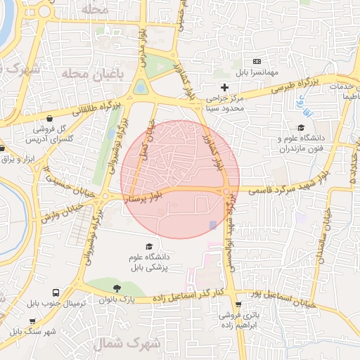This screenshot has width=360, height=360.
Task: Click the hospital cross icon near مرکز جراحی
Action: pos(224,87)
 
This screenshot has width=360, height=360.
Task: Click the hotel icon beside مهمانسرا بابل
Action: pos(256,62)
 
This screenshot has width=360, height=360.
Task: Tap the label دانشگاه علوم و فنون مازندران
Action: pos(300,145)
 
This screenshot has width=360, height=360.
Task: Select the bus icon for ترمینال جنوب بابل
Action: pos(54,292)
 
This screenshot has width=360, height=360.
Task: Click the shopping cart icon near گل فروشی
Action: pos(51,119)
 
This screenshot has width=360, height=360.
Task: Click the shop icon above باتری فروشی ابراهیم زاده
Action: pos(238,304)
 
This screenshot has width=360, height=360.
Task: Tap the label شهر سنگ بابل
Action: pos(31,331)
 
